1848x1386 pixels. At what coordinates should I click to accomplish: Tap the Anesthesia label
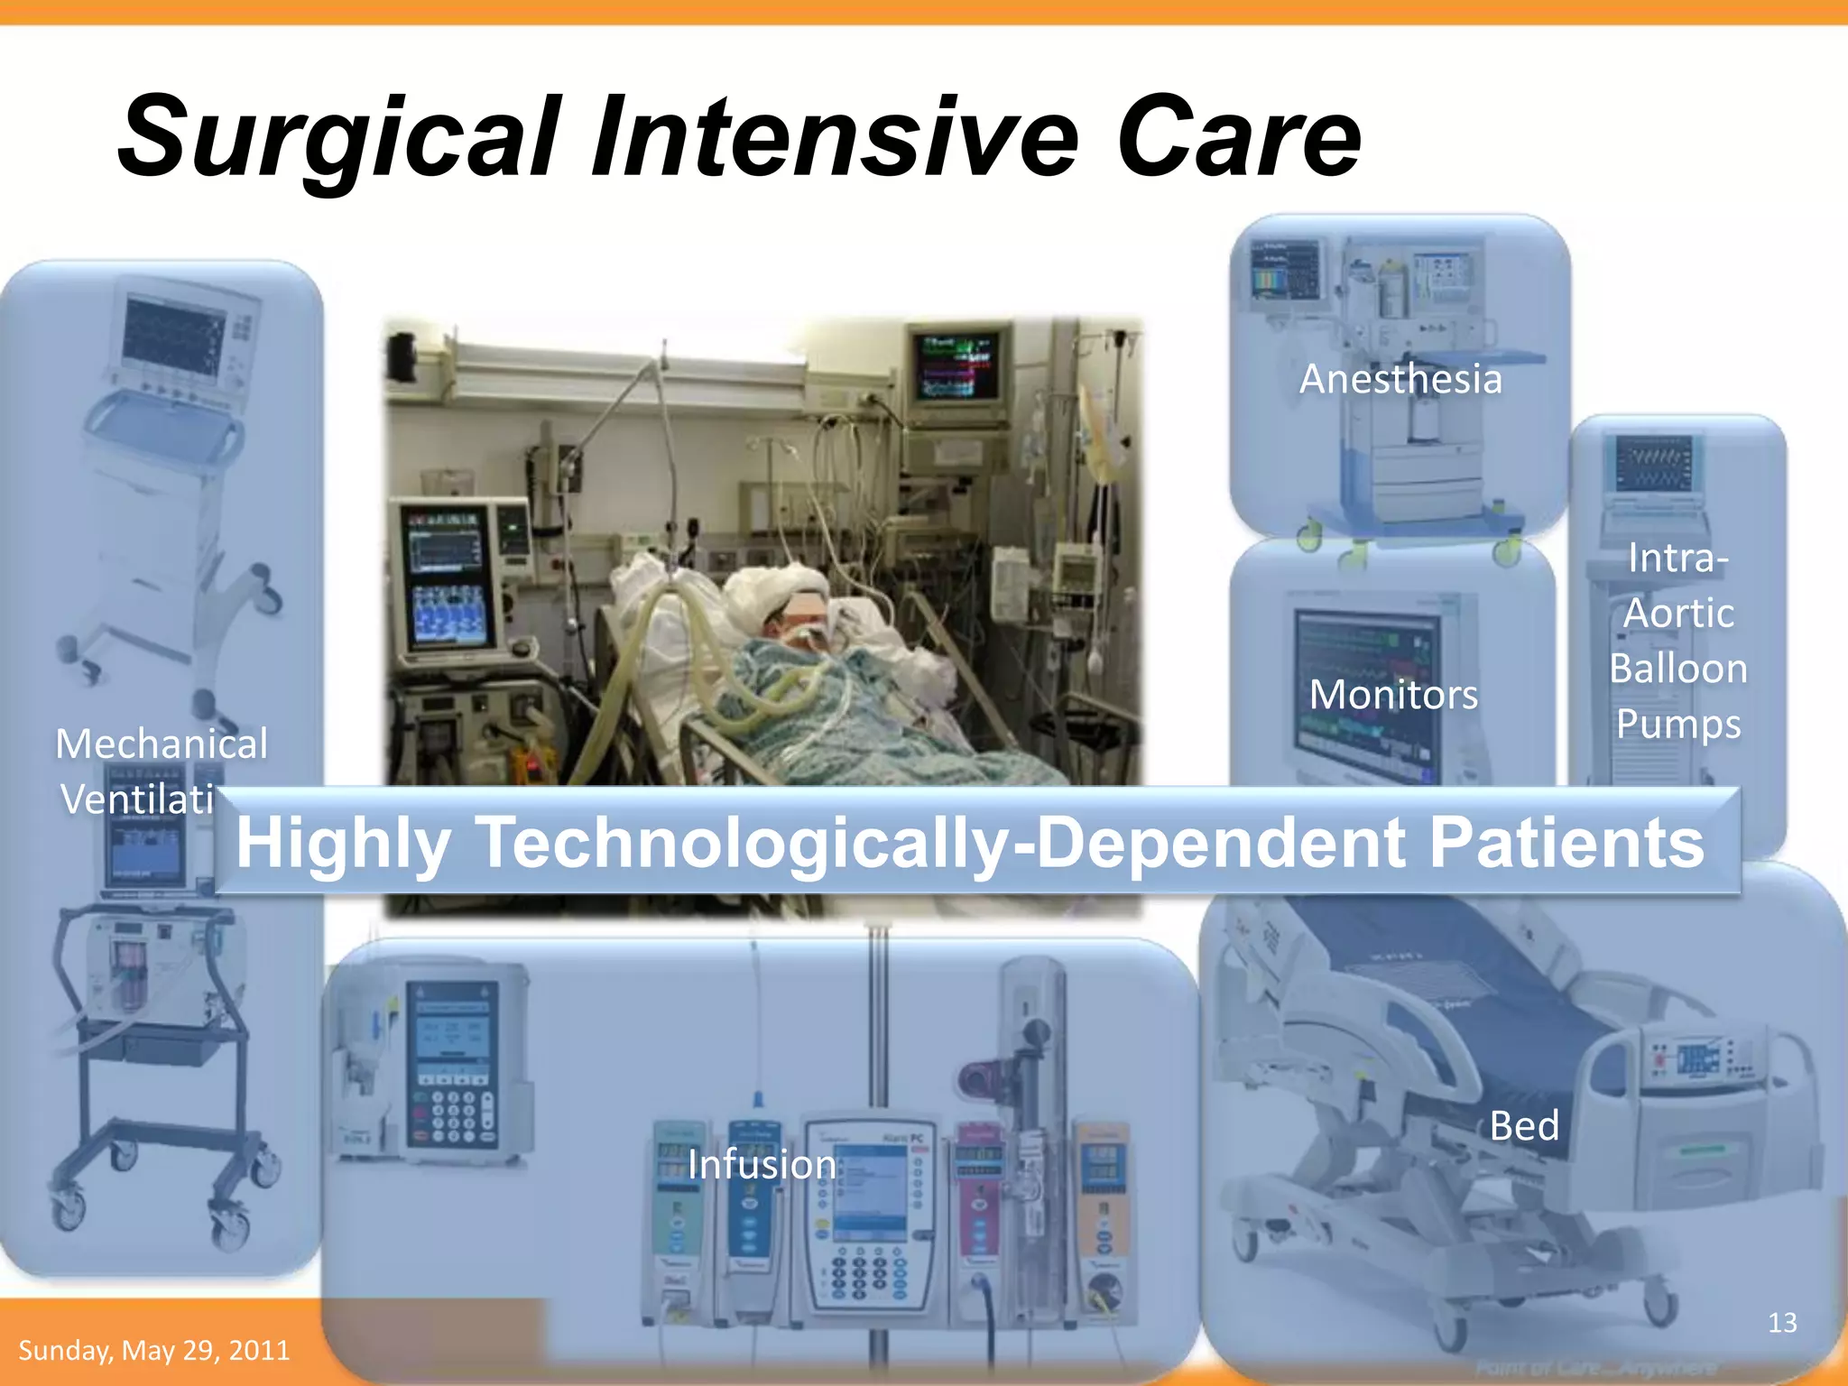(x=1400, y=379)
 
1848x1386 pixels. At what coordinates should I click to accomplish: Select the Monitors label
(x=1393, y=695)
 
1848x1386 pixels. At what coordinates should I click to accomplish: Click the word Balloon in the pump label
(x=1678, y=669)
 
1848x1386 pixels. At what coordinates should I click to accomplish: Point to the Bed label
(x=1524, y=1125)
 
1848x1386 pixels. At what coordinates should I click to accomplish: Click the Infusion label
(x=762, y=1164)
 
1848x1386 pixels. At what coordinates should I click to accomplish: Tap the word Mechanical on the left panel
(x=162, y=744)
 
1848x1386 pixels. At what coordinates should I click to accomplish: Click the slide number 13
(x=1781, y=1323)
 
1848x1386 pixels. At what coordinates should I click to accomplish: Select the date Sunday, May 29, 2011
(x=154, y=1350)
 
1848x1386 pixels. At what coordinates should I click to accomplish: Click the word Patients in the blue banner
(x=1566, y=842)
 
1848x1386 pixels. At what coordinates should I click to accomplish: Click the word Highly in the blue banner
(x=343, y=842)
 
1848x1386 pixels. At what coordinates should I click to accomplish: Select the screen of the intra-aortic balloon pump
(x=1653, y=462)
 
